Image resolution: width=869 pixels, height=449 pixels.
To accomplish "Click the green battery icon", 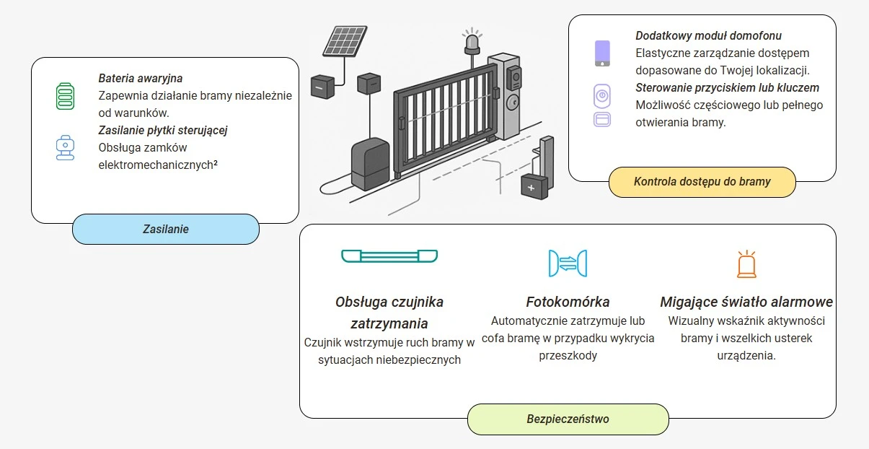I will click(66, 96).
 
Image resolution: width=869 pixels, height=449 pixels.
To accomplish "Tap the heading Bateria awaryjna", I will click(141, 78).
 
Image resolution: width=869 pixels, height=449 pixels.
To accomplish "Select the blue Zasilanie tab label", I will click(165, 229).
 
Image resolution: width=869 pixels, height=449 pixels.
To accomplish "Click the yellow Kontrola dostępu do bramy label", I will click(702, 182).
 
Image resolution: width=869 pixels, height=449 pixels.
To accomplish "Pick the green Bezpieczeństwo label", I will click(568, 419).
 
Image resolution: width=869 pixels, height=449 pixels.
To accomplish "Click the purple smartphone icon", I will click(601, 53).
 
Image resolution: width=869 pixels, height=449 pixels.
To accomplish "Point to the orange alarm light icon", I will click(746, 264).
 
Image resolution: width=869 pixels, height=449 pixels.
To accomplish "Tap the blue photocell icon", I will click(568, 263).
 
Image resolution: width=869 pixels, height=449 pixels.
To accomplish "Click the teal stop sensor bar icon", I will click(389, 256).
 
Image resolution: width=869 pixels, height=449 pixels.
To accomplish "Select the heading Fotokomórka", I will click(568, 302).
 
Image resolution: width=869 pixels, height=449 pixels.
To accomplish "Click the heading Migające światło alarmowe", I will click(746, 302).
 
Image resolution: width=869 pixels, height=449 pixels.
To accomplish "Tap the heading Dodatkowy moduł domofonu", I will click(708, 35).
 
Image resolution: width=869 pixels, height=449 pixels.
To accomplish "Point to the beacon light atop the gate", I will click(472, 42).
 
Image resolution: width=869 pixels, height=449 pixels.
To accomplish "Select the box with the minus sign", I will click(322, 86).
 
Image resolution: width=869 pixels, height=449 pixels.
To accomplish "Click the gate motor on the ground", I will click(370, 166).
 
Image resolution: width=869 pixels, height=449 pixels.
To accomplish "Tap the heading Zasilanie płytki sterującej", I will click(164, 130).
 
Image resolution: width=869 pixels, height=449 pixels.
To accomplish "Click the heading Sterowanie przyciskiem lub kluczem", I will click(727, 87).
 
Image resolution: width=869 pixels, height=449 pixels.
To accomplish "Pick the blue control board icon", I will click(66, 147).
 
